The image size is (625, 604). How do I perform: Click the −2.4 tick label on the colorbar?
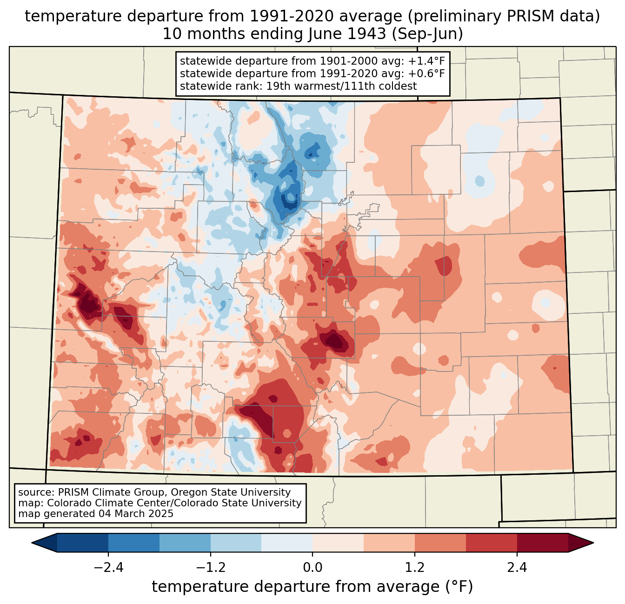tap(108, 568)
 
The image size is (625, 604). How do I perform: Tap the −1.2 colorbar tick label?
tap(211, 568)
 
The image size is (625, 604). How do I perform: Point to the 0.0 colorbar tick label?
tap(312, 568)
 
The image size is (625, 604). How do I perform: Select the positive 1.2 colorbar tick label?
tap(415, 568)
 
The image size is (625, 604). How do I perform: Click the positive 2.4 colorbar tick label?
tap(517, 568)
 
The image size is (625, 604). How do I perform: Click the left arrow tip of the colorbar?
tap(32, 543)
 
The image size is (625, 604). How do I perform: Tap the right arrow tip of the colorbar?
tap(593, 543)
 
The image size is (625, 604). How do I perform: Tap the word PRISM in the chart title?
tap(526, 16)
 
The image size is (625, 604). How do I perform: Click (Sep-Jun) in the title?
tap(427, 34)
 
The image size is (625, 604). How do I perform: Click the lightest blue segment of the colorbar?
tap(287, 543)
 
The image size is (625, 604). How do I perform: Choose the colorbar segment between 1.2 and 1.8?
tap(440, 543)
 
